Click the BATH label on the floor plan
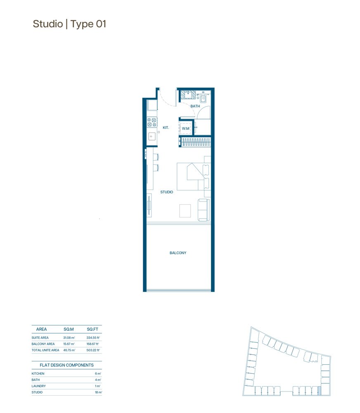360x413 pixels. (195, 106)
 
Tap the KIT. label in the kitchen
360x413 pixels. (166, 128)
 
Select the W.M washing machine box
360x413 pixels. (186, 128)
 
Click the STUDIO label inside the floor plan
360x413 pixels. (166, 192)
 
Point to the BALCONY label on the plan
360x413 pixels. (178, 253)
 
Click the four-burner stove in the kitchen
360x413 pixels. (152, 122)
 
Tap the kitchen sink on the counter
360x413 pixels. (152, 136)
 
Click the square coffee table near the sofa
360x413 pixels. (185, 211)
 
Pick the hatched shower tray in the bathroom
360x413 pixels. (188, 95)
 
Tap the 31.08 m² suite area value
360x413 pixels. (69, 338)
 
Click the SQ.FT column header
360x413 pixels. (92, 330)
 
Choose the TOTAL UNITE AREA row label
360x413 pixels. (45, 350)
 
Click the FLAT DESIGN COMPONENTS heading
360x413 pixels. (66, 365)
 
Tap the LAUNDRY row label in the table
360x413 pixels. (39, 386)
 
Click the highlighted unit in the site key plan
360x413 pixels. (319, 391)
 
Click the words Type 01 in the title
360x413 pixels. (88, 24)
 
